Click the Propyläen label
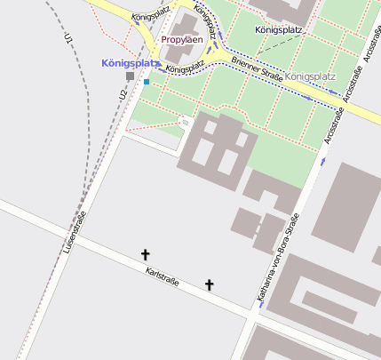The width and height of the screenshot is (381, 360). [181, 39]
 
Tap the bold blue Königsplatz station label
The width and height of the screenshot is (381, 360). [131, 63]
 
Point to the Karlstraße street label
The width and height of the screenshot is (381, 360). [163, 277]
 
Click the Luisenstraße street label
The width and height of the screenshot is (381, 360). [75, 229]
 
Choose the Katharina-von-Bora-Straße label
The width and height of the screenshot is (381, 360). [277, 258]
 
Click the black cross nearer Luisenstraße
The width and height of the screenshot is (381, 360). [146, 254]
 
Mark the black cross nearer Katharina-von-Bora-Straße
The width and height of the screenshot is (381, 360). [210, 284]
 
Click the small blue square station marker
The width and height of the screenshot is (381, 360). [147, 82]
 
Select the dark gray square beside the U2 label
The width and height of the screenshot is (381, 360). [131, 76]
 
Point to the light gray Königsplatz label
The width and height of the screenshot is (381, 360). [311, 76]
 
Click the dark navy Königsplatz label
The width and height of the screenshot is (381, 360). [279, 29]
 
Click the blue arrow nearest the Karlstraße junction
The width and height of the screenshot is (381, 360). [262, 303]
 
